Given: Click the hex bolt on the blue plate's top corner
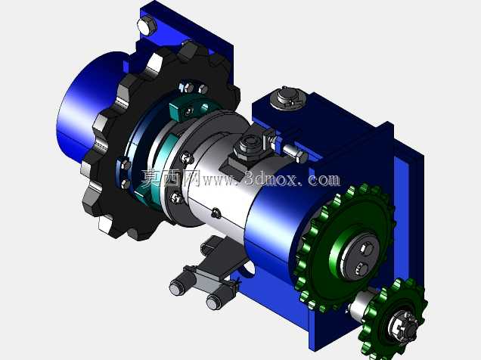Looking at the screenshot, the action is [x=147, y=26].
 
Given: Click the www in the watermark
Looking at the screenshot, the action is [x=219, y=180].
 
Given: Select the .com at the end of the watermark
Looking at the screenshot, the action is [x=321, y=180].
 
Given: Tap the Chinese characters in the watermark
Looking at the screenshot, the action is [x=171, y=178].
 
